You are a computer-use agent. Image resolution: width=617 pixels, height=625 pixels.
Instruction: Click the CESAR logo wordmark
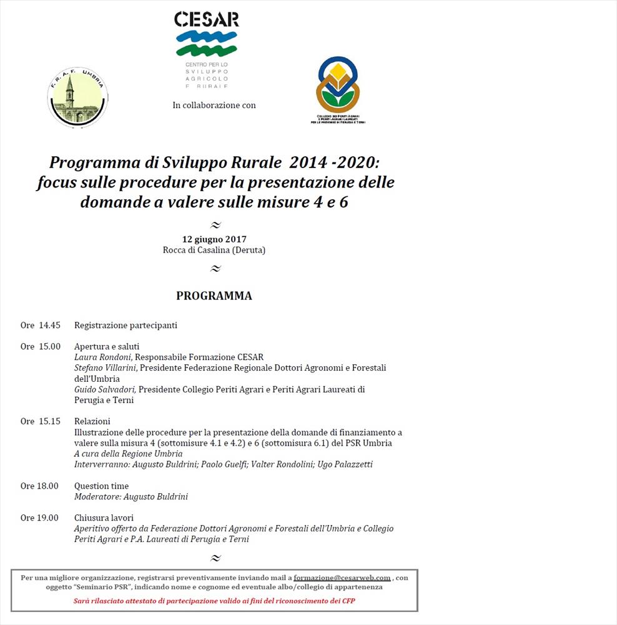pyautogui.click(x=206, y=19)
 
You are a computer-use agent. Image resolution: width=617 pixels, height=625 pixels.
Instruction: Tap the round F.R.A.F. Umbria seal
pyautogui.click(x=77, y=99)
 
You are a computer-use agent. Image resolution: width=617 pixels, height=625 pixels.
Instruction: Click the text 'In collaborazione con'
pyautogui.click(x=214, y=106)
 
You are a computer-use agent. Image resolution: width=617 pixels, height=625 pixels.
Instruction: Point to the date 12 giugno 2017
pyautogui.click(x=214, y=239)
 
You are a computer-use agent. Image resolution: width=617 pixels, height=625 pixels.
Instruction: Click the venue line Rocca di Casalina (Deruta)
pyautogui.click(x=214, y=250)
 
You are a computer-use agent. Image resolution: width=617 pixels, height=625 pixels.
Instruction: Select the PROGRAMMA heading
pyautogui.click(x=214, y=296)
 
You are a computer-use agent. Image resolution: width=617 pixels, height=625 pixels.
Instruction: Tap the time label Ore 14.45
pyautogui.click(x=41, y=326)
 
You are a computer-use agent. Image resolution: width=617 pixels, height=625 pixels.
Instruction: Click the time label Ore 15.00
pyautogui.click(x=41, y=347)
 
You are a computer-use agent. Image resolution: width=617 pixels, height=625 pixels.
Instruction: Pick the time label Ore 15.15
pyautogui.click(x=41, y=422)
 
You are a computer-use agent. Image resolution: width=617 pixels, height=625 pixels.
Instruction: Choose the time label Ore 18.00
pyautogui.click(x=39, y=486)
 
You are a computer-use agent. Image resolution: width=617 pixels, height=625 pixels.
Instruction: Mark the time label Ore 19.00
pyautogui.click(x=39, y=518)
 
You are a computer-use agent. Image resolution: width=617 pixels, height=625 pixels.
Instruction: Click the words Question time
pyautogui.click(x=101, y=486)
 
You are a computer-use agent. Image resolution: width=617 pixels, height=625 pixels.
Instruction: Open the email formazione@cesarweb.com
pyautogui.click(x=342, y=578)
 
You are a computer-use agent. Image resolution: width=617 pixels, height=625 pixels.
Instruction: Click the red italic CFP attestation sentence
pyautogui.click(x=214, y=601)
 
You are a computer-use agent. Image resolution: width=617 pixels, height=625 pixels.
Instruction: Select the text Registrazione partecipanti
pyautogui.click(x=126, y=326)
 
